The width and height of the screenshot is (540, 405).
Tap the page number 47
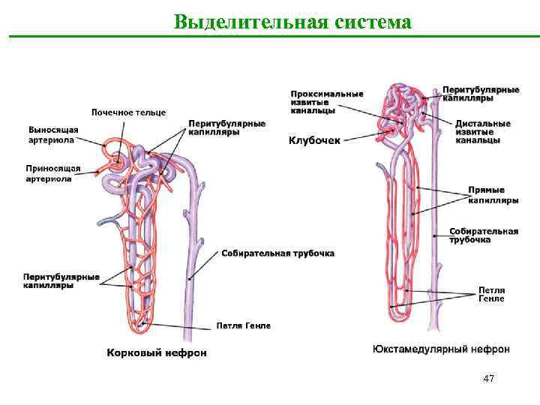(488, 379)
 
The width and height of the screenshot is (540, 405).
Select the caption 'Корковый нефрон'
(156, 352)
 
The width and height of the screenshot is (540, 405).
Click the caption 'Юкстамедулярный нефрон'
(441, 349)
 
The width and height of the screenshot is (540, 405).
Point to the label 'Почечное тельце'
(128, 112)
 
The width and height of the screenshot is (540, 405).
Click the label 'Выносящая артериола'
(53, 134)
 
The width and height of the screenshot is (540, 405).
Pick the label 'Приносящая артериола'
(53, 174)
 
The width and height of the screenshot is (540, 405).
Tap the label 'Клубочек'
(314, 139)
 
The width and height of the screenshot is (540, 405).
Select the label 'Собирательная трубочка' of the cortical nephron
(277, 253)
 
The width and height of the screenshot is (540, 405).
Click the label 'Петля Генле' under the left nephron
(243, 325)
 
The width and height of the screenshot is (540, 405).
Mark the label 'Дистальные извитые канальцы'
(483, 131)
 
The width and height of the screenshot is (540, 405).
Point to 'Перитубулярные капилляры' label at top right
(481, 94)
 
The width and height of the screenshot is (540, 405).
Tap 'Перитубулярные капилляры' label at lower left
(61, 281)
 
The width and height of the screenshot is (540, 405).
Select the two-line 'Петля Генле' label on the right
(491, 294)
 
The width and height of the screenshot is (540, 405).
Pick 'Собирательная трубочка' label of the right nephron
(484, 235)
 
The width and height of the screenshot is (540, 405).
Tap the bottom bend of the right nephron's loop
(400, 310)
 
